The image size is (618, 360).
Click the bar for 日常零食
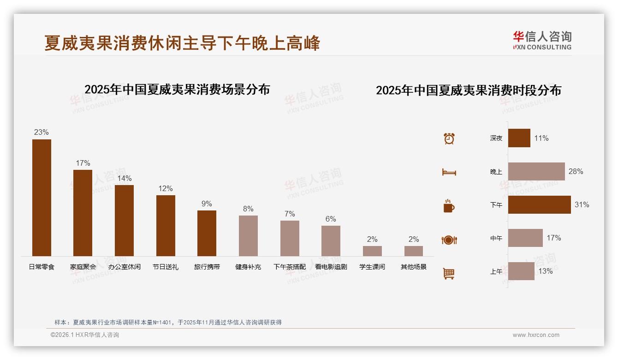tap(42, 198)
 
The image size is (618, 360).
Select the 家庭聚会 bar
tap(83, 213)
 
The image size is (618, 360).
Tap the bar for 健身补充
tap(248, 235)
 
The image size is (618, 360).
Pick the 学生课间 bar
tap(372, 251)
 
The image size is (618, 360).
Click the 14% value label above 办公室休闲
tap(124, 178)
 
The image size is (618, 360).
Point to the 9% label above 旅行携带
tap(207, 204)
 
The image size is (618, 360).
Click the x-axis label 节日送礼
tap(165, 267)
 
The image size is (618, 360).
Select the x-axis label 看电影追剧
tap(331, 267)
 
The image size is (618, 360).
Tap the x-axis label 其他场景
tap(413, 267)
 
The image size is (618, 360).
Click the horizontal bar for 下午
tap(539, 204)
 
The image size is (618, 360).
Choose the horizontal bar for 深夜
tap(519, 138)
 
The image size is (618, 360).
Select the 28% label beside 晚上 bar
tap(576, 171)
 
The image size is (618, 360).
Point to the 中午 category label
tap(496, 238)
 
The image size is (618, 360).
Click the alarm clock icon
tap(449, 138)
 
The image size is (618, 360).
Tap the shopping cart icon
tap(449, 273)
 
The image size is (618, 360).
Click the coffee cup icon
tap(449, 206)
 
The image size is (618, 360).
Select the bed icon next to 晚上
tap(449, 172)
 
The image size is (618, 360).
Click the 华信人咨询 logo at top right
tap(542, 40)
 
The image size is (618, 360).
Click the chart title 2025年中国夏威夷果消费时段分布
tap(468, 90)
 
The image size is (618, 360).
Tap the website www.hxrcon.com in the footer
tap(536, 335)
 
